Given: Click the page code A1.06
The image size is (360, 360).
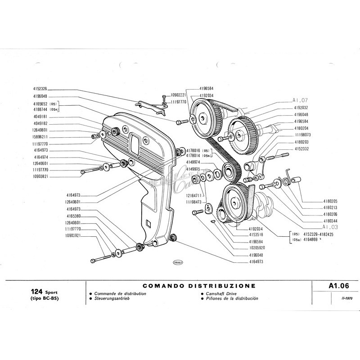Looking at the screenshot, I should [336, 285].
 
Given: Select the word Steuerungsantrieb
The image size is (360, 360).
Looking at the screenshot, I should [112, 298].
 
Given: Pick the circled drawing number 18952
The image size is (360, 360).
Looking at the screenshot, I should [178, 263].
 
